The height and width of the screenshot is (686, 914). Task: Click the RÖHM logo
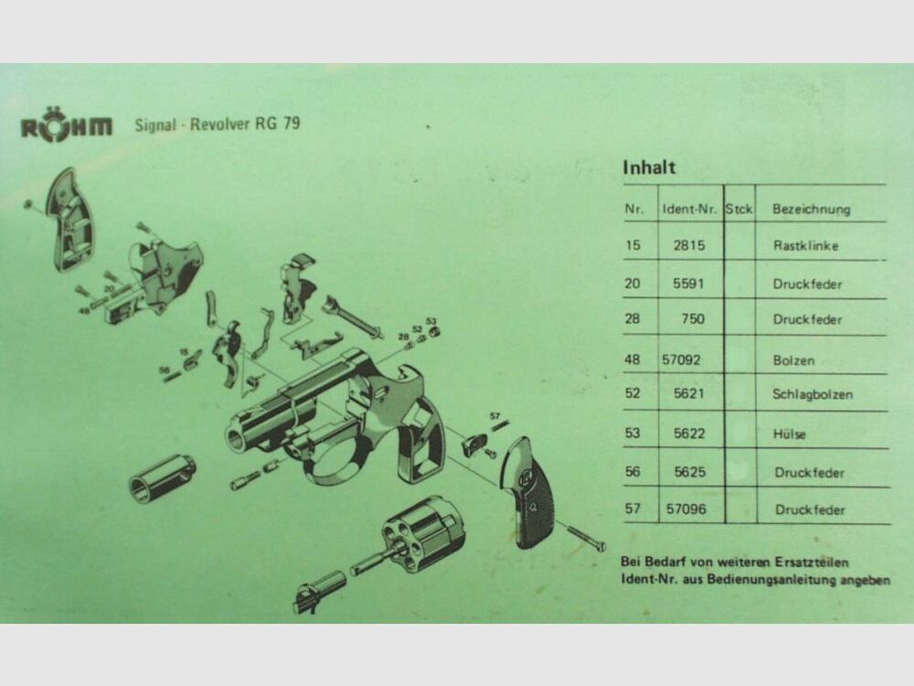pyautogui.click(x=67, y=127)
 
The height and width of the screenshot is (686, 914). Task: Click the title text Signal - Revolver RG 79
pyautogui.click(x=217, y=124)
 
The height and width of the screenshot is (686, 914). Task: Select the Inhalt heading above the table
pyautogui.click(x=649, y=168)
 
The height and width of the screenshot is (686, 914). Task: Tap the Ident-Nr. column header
pyautogui.click(x=688, y=209)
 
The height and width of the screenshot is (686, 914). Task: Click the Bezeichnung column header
pyautogui.click(x=811, y=209)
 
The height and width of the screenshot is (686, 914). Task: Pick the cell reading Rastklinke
pyautogui.click(x=805, y=246)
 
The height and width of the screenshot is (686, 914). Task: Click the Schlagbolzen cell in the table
pyautogui.click(x=813, y=395)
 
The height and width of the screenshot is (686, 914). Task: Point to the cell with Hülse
pyautogui.click(x=790, y=434)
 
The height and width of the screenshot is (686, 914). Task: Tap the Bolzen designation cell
pyautogui.click(x=793, y=360)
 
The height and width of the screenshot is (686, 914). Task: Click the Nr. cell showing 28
pyautogui.click(x=632, y=320)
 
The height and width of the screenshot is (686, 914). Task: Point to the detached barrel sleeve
pyautogui.click(x=163, y=477)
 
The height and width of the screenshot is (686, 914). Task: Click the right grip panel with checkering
pyautogui.click(x=528, y=490)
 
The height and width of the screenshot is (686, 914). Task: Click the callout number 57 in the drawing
pyautogui.click(x=495, y=416)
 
